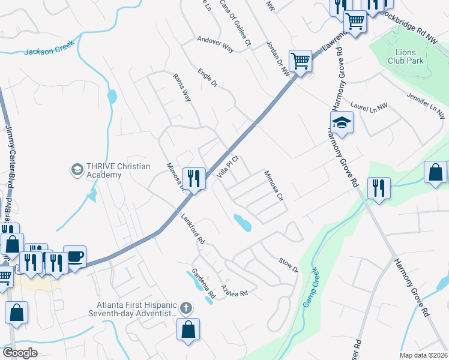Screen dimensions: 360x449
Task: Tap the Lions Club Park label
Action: (x=405, y=56)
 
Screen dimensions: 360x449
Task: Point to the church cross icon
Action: (x=186, y=308)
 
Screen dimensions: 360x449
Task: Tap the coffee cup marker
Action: (x=74, y=256)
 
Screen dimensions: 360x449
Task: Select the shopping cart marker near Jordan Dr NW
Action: (x=300, y=61)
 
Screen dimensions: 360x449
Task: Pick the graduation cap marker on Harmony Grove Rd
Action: (x=342, y=122)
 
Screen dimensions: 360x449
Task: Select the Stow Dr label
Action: (x=288, y=264)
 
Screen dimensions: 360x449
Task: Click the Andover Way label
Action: (x=215, y=44)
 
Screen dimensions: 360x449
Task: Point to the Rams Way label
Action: (x=182, y=87)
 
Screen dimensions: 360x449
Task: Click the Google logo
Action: (x=20, y=353)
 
